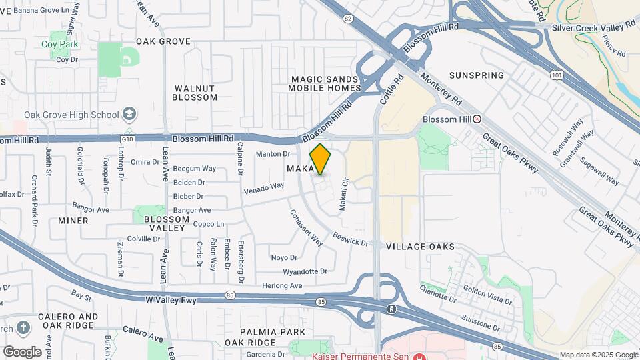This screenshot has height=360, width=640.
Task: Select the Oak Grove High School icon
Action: [129, 114]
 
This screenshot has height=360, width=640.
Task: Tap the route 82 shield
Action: [348, 19]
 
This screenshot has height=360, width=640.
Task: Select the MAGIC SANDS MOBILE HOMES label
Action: [325, 83]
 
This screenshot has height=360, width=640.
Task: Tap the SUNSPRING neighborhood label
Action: [476, 75]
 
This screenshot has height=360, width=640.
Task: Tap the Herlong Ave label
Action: [282, 285]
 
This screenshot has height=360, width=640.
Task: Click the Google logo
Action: [22, 351]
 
